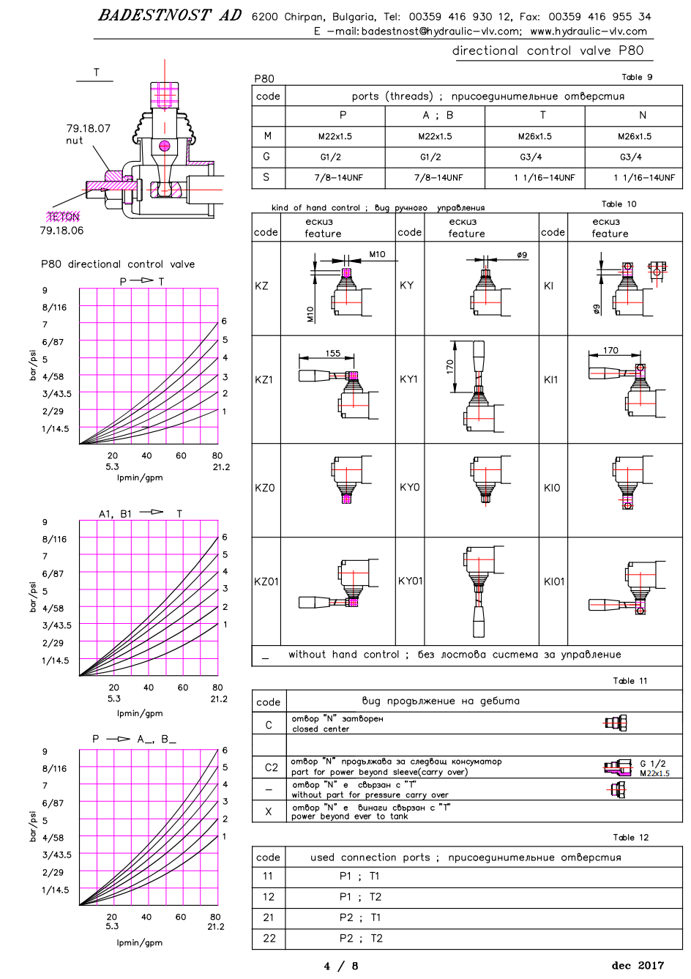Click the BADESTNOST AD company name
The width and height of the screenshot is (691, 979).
point(170,15)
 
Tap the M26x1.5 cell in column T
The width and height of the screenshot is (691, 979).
point(534,136)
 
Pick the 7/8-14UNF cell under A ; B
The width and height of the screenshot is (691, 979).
point(438,177)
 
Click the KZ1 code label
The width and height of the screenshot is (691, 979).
point(264,379)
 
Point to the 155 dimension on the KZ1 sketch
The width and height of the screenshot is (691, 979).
point(332,353)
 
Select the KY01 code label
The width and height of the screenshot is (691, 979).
point(410,581)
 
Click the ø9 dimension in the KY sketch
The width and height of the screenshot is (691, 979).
point(522,254)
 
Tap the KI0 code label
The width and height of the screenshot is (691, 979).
point(552,488)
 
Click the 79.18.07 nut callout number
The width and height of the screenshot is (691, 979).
point(89,128)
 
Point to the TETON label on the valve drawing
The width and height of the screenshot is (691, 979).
point(64,216)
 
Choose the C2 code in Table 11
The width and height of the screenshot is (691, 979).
point(272,767)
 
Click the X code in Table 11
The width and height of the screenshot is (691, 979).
point(269,811)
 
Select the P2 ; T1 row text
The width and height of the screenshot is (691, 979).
point(360,917)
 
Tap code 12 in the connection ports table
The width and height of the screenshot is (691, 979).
point(269,897)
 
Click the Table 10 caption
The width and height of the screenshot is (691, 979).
point(619,204)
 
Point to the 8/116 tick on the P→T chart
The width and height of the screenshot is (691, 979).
point(55,308)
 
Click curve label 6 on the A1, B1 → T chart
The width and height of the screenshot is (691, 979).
point(225,537)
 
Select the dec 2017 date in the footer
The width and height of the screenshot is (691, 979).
point(638,965)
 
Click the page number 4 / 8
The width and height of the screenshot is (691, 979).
point(340,966)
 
